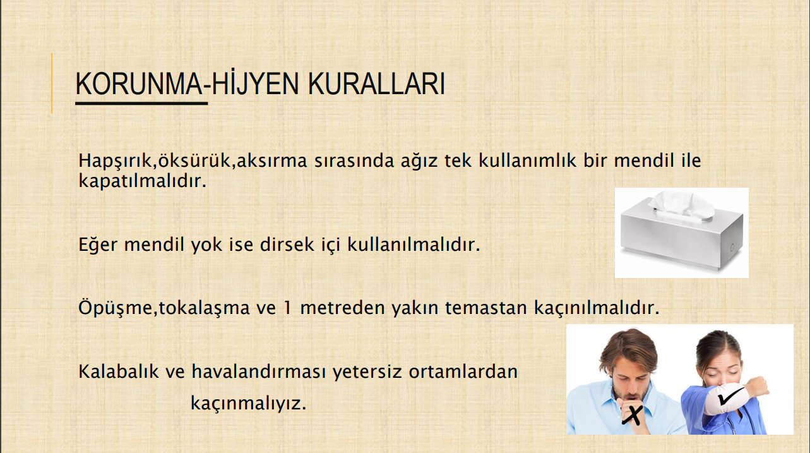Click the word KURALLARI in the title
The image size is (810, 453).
[376, 84]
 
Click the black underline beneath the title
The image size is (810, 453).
[141, 104]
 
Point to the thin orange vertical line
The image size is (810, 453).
[52, 83]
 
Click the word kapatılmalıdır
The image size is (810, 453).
[143, 180]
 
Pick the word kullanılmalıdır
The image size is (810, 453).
[414, 245]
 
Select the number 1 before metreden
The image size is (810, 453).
[288, 308]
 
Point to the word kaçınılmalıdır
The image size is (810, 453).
[597, 308]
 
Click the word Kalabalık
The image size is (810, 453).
[119, 371]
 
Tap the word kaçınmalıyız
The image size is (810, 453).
[248, 404]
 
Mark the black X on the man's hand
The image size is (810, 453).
[633, 415]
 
